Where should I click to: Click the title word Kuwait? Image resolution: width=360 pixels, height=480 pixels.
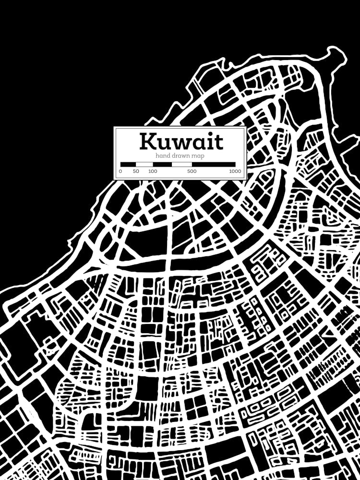(x=181, y=142)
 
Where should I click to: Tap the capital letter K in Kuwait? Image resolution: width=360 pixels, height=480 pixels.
(x=148, y=142)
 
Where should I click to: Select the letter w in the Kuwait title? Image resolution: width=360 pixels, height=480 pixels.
(x=183, y=143)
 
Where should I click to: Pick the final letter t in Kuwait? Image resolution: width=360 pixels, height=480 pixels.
(x=219, y=142)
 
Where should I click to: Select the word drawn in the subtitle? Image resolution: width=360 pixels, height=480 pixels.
(x=179, y=156)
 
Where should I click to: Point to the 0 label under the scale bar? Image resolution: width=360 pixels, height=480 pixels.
(x=120, y=171)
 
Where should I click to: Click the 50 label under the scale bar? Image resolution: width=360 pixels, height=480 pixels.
(x=136, y=171)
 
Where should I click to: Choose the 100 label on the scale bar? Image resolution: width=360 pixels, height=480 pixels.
(x=153, y=171)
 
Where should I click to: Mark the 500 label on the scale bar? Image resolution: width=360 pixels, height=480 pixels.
(x=192, y=171)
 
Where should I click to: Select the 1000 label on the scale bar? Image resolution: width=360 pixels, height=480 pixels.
(x=235, y=171)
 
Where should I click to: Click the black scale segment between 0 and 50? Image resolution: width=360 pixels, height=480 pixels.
(x=128, y=164)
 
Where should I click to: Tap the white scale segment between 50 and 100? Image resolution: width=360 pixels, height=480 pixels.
(x=144, y=164)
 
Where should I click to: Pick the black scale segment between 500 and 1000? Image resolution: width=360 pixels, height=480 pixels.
(x=214, y=164)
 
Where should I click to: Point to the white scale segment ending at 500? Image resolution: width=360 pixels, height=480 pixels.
(x=182, y=164)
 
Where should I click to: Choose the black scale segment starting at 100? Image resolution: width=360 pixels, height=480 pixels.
(x=162, y=164)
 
